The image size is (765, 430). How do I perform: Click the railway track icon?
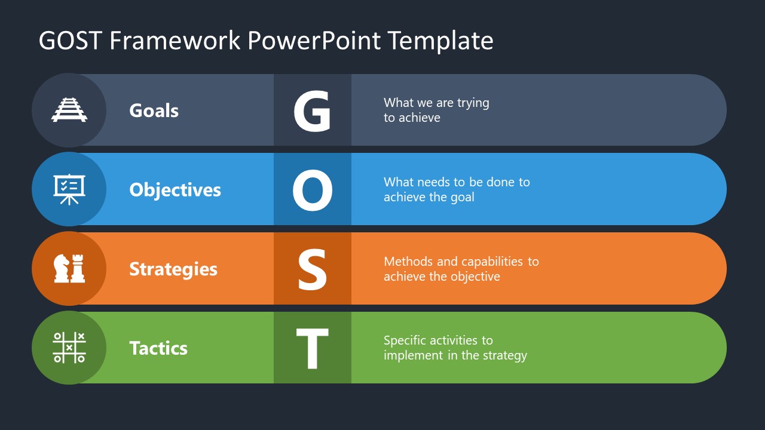69,110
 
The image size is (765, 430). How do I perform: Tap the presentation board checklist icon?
69,189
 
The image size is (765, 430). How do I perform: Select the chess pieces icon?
69,269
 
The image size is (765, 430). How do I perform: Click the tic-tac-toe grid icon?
69,348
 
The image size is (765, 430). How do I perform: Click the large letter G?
312,111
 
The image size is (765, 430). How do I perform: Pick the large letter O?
312,190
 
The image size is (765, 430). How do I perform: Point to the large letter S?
312,269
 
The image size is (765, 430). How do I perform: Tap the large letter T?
312,349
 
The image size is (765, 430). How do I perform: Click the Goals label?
154,110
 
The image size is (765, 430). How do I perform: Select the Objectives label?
175,190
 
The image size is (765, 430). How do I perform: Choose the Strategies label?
173,269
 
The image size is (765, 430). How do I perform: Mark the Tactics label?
158,348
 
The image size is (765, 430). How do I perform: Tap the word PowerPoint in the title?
314,41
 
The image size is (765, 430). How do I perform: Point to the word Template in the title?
440,41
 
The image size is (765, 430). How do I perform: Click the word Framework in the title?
175,41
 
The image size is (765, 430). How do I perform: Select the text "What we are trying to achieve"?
436,110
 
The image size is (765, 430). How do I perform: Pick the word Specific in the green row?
405,341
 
